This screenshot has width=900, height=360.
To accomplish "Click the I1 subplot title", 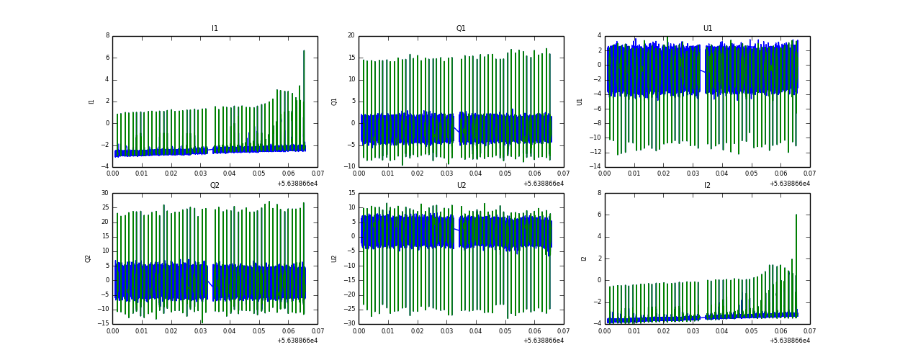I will tap(215, 29).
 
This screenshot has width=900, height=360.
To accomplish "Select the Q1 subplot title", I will tap(461, 29).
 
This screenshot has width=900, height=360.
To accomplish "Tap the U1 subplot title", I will tap(707, 29).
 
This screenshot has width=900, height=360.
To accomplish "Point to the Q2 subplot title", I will tap(215, 186).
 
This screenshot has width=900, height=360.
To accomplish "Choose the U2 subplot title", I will tap(461, 186).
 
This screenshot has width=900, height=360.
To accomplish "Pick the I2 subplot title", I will tap(707, 186).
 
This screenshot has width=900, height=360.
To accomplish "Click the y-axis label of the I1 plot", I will tap(92, 102).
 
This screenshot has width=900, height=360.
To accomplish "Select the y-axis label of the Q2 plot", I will tap(88, 258).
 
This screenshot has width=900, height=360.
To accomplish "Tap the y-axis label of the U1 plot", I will tap(580, 102).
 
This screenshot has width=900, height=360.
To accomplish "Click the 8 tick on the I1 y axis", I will tap(107, 35).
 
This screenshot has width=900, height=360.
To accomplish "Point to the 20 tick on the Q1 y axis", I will tap(351, 35).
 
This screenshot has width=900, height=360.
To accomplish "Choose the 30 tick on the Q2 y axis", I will tap(104, 193).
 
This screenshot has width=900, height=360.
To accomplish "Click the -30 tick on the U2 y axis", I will tap(349, 324).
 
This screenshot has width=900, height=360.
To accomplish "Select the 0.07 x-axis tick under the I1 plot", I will tap(317, 174).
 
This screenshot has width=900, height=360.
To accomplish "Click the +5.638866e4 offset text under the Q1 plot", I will tap(544, 183).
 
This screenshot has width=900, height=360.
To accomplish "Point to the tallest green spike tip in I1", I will tap(304, 50).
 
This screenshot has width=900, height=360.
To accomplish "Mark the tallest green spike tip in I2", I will tap(796, 215).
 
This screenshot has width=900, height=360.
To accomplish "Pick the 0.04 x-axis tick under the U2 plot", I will tap(475, 330).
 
